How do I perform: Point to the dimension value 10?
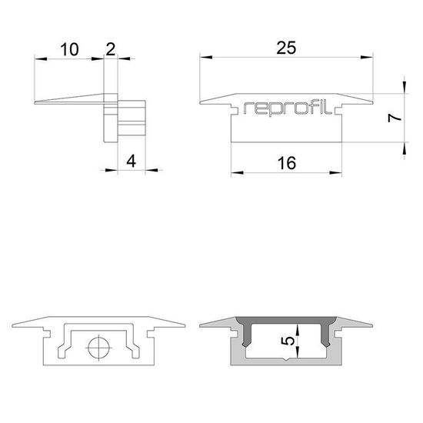click(69, 50)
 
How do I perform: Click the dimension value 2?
click(111, 50)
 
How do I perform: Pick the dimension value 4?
click(131, 162)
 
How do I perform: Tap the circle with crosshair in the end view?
click(98, 348)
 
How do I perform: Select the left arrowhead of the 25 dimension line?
click(202, 57)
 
